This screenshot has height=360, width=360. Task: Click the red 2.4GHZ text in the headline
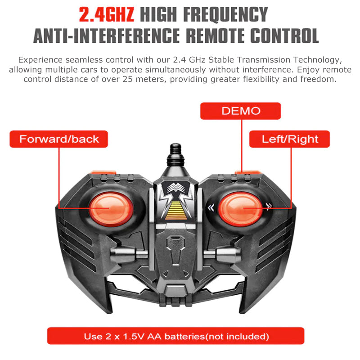point(107,15)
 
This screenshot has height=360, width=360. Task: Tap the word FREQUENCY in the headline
point(226,15)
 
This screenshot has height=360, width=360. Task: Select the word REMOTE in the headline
point(215,36)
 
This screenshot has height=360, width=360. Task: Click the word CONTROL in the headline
point(284,36)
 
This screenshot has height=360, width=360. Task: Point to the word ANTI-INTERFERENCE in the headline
point(107,36)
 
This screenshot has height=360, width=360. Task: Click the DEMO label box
point(240,111)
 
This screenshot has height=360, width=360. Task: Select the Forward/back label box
point(59,139)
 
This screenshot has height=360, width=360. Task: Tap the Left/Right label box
point(289,139)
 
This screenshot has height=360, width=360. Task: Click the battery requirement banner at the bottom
point(175,336)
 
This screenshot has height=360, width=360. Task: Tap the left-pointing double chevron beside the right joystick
point(211,208)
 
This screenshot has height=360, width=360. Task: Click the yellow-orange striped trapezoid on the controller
point(176,210)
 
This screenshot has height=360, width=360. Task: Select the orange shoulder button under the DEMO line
point(247,172)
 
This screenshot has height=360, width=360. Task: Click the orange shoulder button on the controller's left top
point(103,172)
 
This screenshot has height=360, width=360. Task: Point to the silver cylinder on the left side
point(129,254)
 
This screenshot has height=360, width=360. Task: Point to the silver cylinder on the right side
point(223,254)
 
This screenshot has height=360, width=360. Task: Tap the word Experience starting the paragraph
point(40,60)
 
